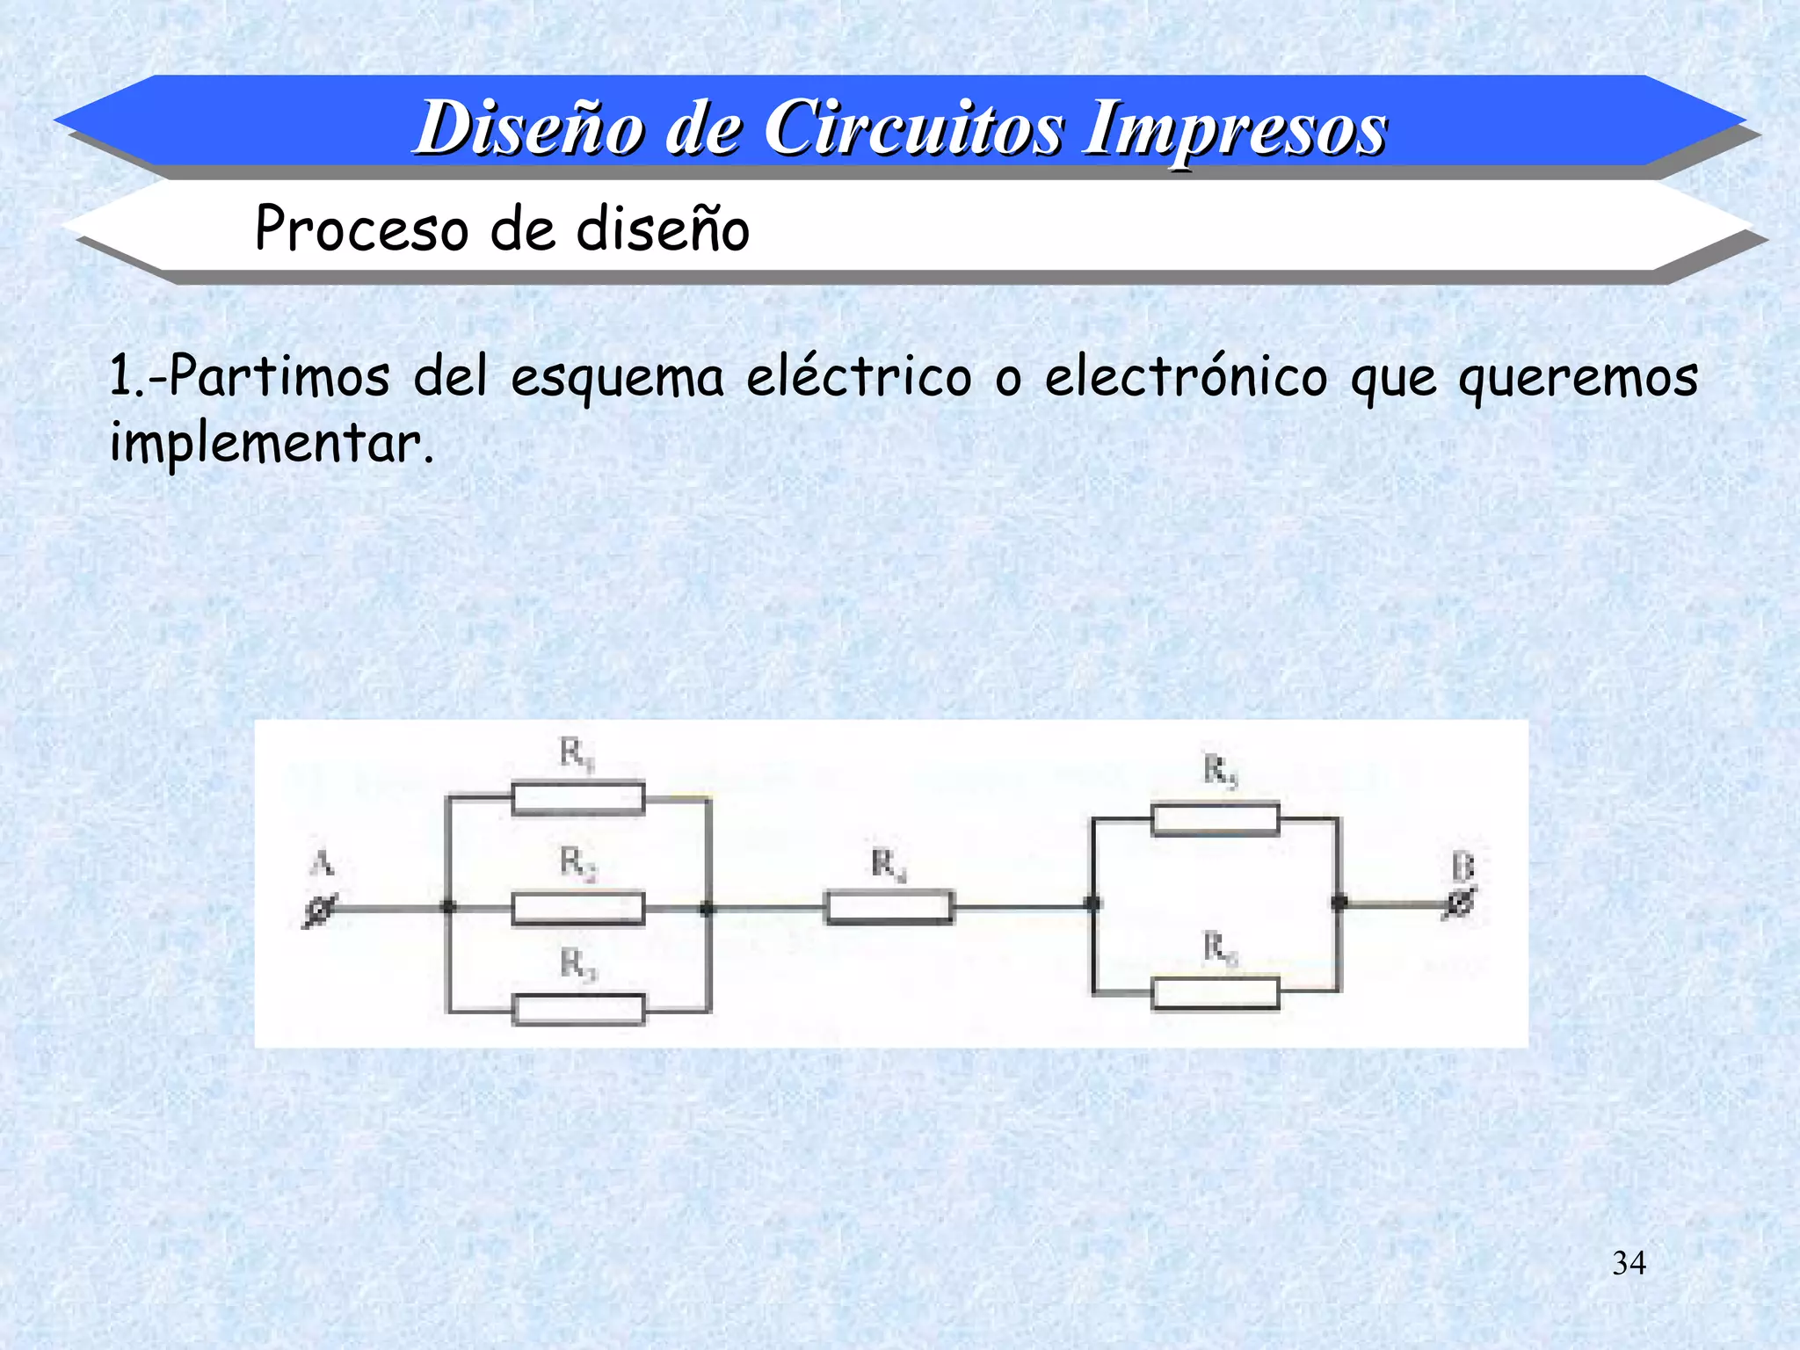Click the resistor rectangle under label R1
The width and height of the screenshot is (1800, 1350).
coord(578,799)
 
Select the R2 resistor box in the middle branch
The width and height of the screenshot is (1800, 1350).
coord(578,909)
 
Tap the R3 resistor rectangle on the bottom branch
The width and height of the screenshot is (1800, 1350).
coord(578,1010)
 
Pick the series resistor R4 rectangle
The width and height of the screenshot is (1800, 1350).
coord(889,907)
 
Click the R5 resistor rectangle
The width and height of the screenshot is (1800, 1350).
coord(1216,820)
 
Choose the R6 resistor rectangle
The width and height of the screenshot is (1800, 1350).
coord(1216,994)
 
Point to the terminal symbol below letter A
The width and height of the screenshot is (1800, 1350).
coord(319,911)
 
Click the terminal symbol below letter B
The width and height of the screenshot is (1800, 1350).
coord(1460,903)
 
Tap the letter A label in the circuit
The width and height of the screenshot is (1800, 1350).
coord(322,864)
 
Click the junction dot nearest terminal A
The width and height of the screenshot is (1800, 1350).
coord(448,907)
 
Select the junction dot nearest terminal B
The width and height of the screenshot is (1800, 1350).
coord(1339,903)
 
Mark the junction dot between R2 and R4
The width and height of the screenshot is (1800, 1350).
coord(707,909)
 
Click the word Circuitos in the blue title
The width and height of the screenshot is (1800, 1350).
coord(914,128)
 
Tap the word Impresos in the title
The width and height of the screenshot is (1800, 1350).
coord(1234,130)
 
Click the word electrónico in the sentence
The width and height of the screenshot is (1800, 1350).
coord(1186,378)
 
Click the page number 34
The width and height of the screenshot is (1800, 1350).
coord(1629,1263)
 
